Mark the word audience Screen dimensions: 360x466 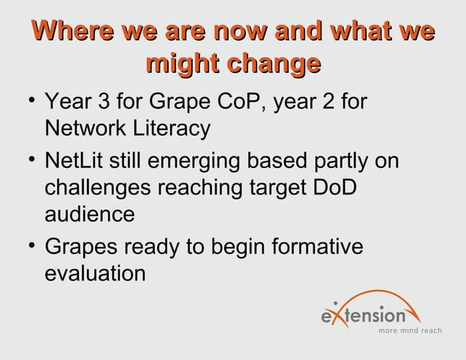pyautogui.click(x=89, y=217)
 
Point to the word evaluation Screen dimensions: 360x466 pyautogui.click(x=94, y=275)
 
